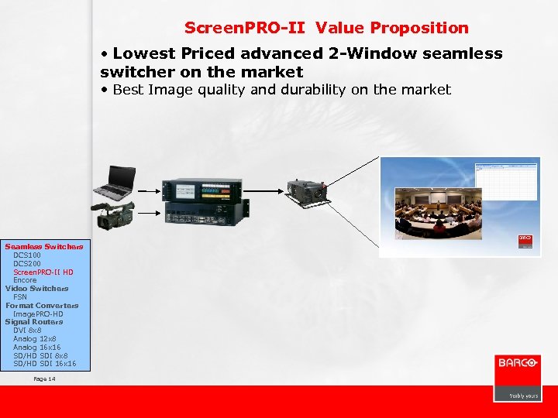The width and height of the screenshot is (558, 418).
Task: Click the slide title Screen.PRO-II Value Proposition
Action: [326, 28]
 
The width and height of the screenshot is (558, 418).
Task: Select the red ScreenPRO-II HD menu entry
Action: [43, 272]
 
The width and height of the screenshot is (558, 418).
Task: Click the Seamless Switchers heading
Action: [43, 246]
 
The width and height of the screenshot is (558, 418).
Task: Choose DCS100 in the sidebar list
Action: [27, 255]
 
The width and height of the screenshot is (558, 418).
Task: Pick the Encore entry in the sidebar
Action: [25, 280]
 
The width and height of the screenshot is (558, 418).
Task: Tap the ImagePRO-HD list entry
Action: [38, 313]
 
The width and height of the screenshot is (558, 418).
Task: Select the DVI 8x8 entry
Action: [27, 331]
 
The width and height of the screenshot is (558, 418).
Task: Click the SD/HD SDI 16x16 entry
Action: [44, 363]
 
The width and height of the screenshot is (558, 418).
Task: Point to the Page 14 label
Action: [45, 379]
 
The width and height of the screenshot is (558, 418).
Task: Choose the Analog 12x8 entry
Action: [35, 339]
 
